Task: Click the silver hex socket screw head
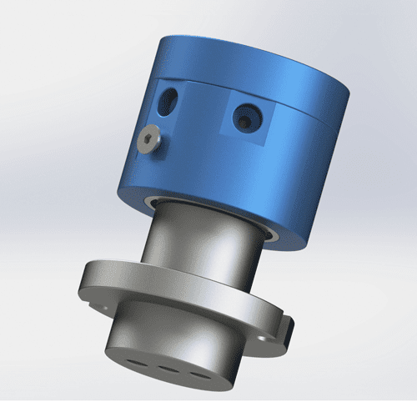pyautogui.click(x=148, y=141)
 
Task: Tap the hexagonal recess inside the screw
pyautogui.click(x=148, y=140)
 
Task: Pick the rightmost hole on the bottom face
pyautogui.click(x=198, y=372)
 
